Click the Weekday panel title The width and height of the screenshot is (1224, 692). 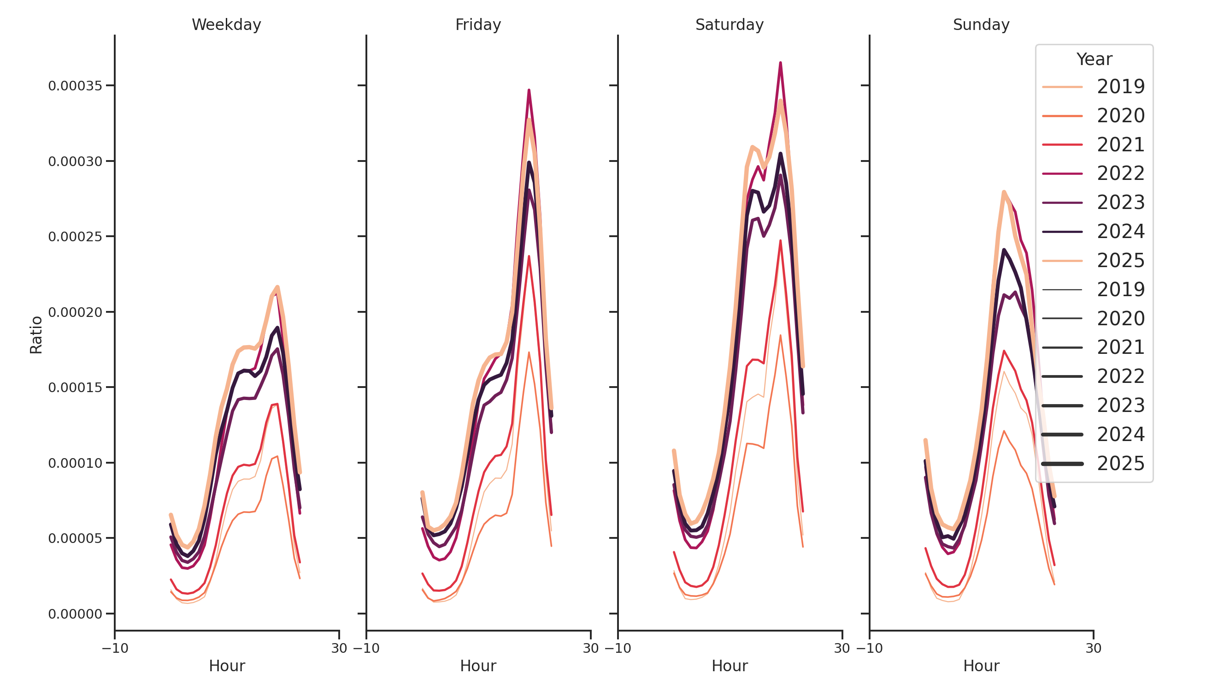coord(226,24)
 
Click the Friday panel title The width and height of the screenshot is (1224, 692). coord(478,24)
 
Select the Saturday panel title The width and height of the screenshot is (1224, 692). coord(730,24)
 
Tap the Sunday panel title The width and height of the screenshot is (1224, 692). coord(981,24)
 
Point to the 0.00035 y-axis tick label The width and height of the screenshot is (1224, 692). coord(75,86)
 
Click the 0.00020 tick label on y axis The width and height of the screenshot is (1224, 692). coord(75,312)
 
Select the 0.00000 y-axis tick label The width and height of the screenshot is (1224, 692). coord(75,614)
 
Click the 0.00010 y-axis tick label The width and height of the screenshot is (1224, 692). coord(75,463)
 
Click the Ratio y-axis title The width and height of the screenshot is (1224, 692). coord(36,335)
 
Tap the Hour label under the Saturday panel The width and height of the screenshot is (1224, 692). coord(730,666)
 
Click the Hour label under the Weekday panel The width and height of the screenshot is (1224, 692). coord(227,666)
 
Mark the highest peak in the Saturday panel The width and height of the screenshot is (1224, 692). coord(780,63)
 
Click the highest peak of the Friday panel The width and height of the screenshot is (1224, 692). coord(529,90)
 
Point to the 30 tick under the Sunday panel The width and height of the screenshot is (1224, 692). coord(1093,648)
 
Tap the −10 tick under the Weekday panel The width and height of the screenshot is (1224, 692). coord(115,648)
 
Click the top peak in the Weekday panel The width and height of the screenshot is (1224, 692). coord(277,287)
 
